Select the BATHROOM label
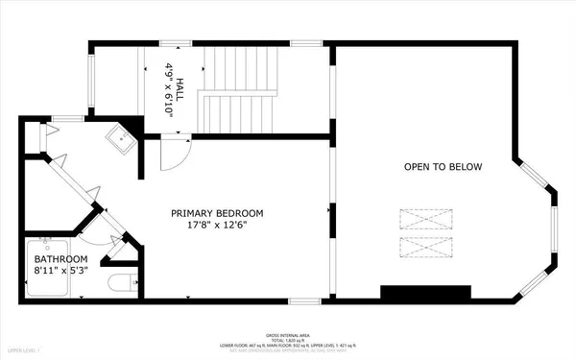61,259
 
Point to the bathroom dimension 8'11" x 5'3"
61,272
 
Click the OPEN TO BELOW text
442,167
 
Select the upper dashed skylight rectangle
421,219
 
